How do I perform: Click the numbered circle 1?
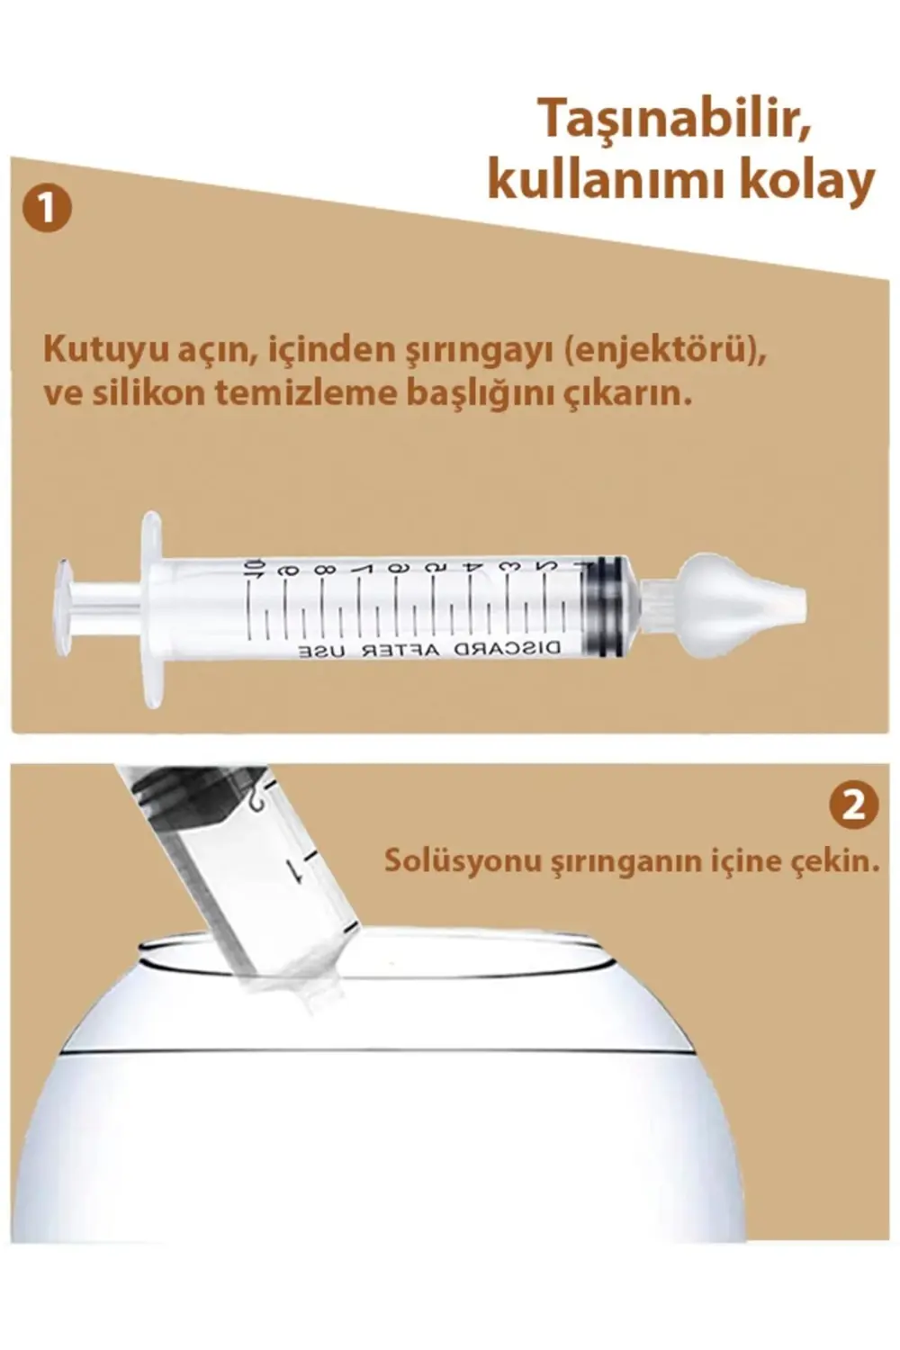[46, 209]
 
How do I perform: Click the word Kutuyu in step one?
[93, 349]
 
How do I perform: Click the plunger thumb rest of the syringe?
[62, 603]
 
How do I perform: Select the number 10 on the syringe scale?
[254, 569]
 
